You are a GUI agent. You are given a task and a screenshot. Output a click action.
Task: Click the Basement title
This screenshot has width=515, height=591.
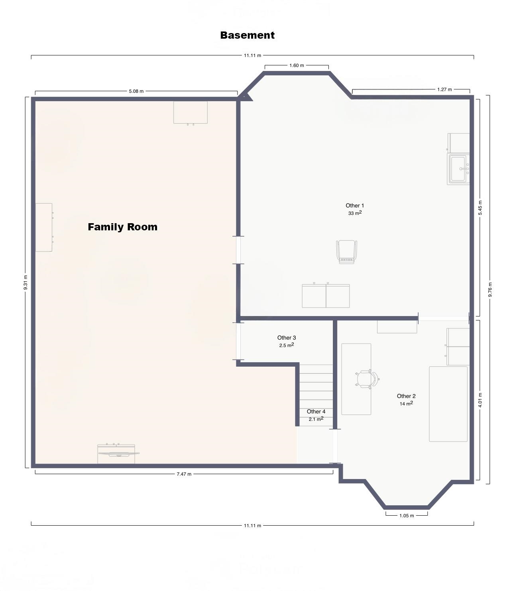pyautogui.click(x=247, y=35)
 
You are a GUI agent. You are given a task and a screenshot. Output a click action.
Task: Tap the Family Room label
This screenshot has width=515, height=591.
pyautogui.click(x=122, y=227)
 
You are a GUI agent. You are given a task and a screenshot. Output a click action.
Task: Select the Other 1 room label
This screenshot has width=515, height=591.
pyautogui.click(x=355, y=205)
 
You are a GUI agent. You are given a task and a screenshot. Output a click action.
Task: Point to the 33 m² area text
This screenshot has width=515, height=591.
pyautogui.click(x=355, y=213)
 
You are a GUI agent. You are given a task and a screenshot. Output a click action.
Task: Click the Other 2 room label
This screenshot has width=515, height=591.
pyautogui.click(x=406, y=396)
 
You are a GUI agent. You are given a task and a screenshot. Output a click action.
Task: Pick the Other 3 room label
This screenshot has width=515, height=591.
pyautogui.click(x=287, y=338)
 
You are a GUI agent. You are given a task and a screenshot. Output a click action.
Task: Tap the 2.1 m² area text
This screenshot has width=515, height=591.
pyautogui.click(x=316, y=419)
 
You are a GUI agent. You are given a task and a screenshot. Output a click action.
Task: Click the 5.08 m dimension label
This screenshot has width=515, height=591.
pyautogui.click(x=136, y=91)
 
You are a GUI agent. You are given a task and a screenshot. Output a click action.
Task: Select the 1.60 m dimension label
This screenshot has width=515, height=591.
pyautogui.click(x=297, y=66)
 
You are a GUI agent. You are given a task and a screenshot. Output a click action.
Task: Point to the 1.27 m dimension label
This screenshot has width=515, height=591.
pyautogui.click(x=444, y=90)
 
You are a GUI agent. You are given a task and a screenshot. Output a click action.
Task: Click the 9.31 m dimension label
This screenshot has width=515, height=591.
pyautogui.click(x=26, y=282)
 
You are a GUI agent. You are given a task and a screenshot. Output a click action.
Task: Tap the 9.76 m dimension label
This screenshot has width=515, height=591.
pyautogui.click(x=490, y=289)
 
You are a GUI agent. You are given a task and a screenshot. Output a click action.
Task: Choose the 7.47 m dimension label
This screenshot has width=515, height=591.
pyautogui.click(x=184, y=474)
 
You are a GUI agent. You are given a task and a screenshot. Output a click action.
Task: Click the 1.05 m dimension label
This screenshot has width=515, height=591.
pyautogui.click(x=407, y=516)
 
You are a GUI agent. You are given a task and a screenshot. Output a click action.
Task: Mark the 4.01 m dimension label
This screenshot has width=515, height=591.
pyautogui.click(x=480, y=400)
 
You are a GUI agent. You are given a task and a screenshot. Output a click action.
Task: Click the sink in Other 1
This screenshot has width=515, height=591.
pyautogui.click(x=458, y=169)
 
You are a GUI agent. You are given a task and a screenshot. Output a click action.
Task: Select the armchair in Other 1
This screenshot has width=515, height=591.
pyautogui.click(x=347, y=252)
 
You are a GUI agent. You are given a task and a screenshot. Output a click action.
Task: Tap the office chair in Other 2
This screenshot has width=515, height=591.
pyautogui.click(x=367, y=379)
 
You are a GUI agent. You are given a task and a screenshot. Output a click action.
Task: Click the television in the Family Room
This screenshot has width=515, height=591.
pyautogui.click(x=119, y=454)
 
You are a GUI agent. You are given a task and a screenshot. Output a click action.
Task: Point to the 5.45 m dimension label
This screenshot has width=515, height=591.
pyautogui.click(x=480, y=208)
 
